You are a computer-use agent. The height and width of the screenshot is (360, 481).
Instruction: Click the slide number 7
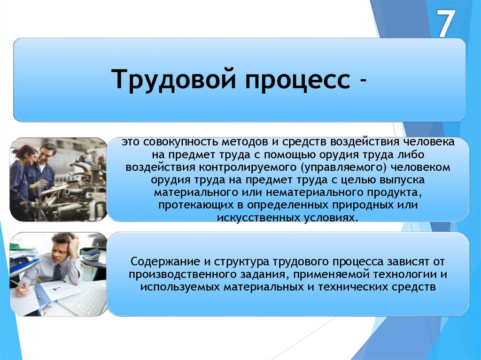(x=446, y=23)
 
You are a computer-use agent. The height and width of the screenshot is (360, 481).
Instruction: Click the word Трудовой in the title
(x=174, y=79)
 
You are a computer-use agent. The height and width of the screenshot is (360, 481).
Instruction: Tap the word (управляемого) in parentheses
(x=342, y=168)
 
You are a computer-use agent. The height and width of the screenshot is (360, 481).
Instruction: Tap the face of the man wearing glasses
(x=46, y=155)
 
